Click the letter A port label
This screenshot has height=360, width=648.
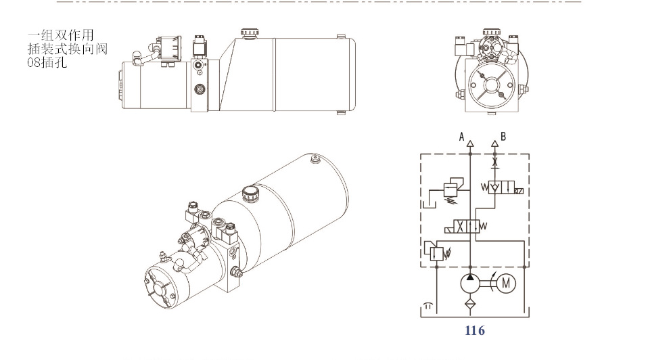pos(461,137)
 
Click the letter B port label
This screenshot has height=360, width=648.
pos(503,137)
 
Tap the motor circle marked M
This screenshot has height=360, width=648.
pos(506,284)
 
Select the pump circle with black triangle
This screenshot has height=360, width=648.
pos(470,283)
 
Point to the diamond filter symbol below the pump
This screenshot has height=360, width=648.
pos(470,305)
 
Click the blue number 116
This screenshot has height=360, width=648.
pos(474,331)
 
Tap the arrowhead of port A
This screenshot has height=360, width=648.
pos(470,144)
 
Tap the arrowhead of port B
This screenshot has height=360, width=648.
pos(494,144)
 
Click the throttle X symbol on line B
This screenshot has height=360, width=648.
pos(494,162)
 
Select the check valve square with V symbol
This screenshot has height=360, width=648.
pos(494,188)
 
